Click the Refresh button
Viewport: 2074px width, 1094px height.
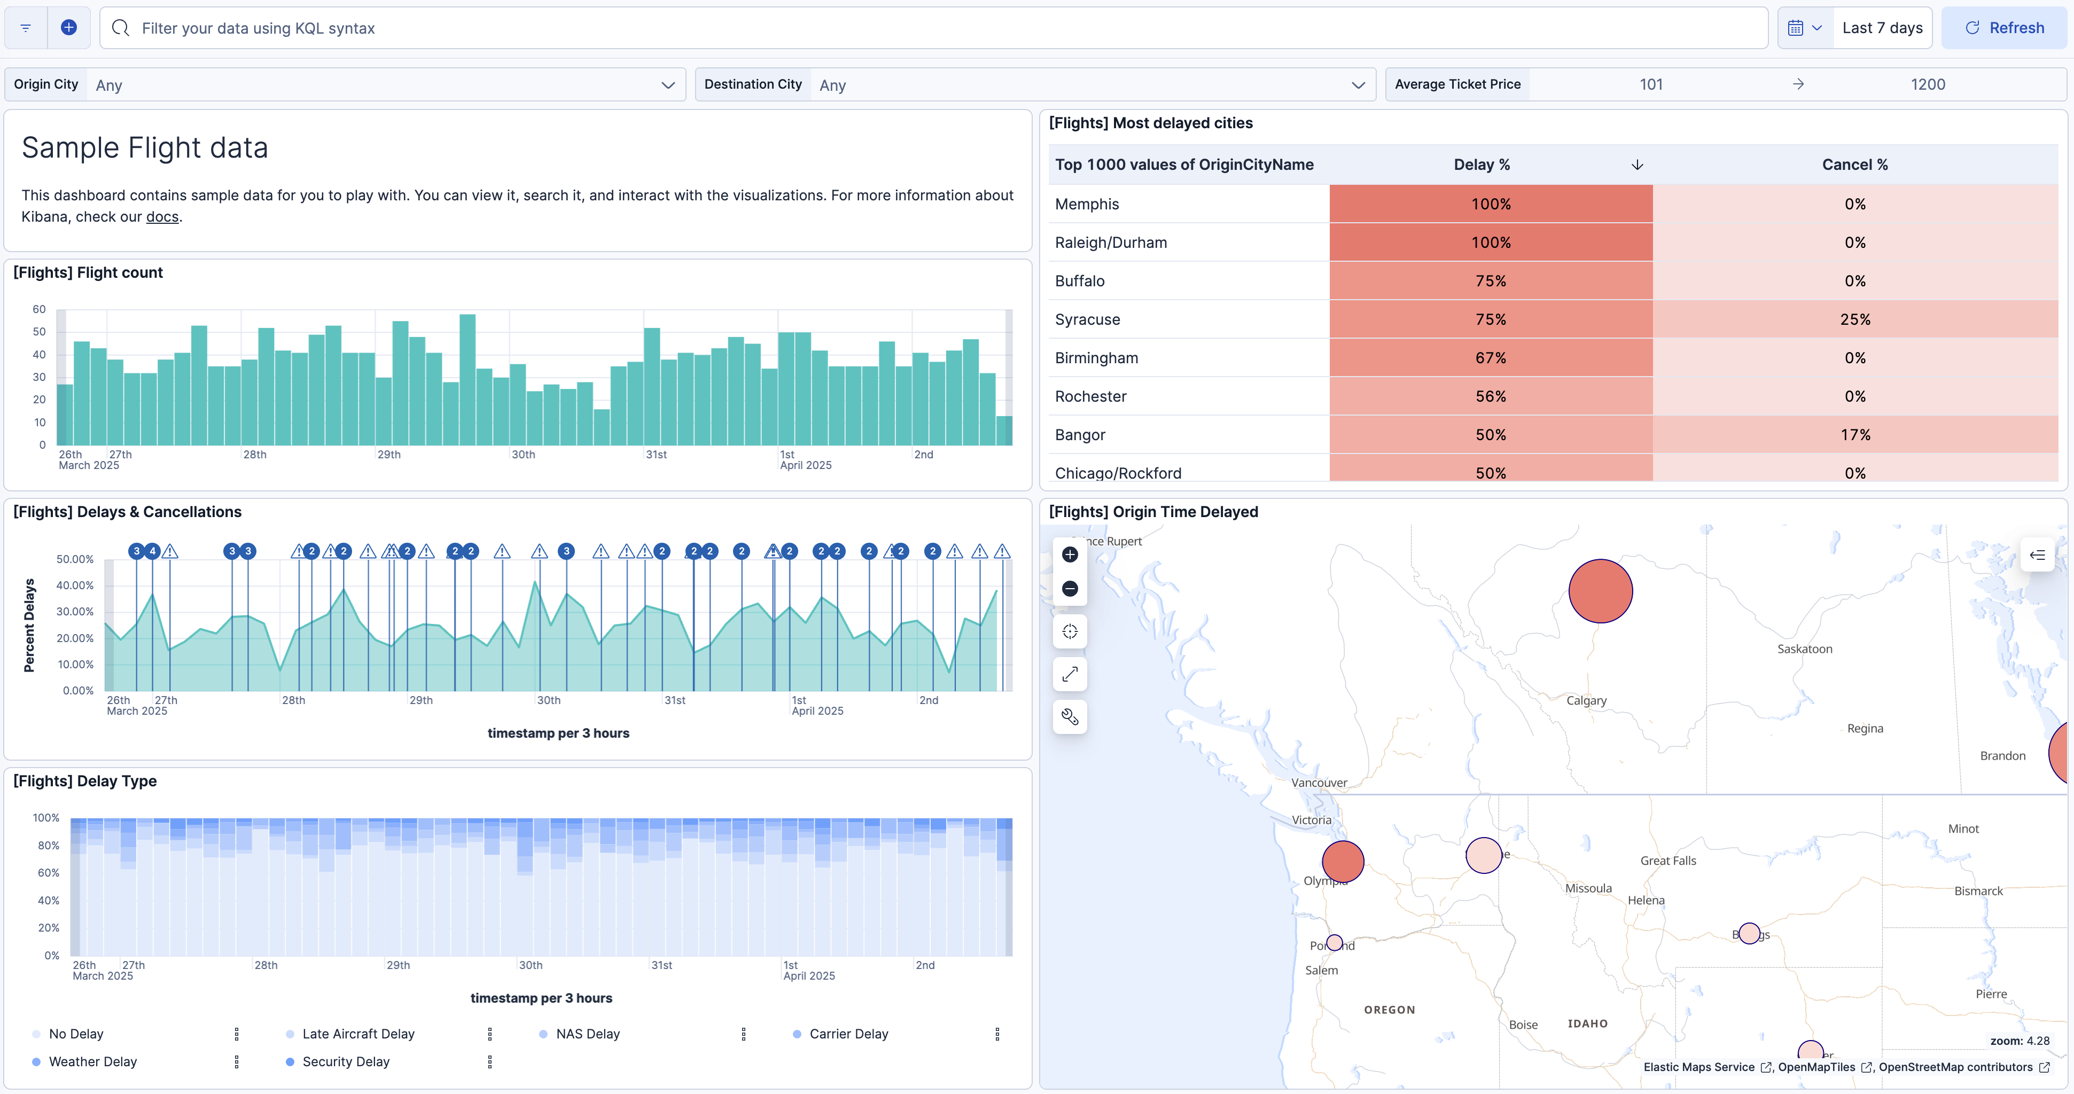(x=2004, y=28)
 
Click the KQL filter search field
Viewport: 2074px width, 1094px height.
(x=934, y=28)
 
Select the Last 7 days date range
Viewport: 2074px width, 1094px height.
(x=1882, y=28)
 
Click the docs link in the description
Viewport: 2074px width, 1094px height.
(x=162, y=216)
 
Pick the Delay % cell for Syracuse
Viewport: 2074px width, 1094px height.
(x=1490, y=319)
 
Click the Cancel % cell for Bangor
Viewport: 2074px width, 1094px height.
(x=1854, y=435)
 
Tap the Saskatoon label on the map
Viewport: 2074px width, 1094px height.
(x=1804, y=650)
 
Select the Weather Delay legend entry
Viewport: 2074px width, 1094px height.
(x=92, y=1062)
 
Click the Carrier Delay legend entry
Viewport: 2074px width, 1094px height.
(x=848, y=1034)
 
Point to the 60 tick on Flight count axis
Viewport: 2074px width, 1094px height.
(x=38, y=310)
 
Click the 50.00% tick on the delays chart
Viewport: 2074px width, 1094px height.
(x=75, y=559)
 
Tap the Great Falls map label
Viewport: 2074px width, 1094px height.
(x=1667, y=861)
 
